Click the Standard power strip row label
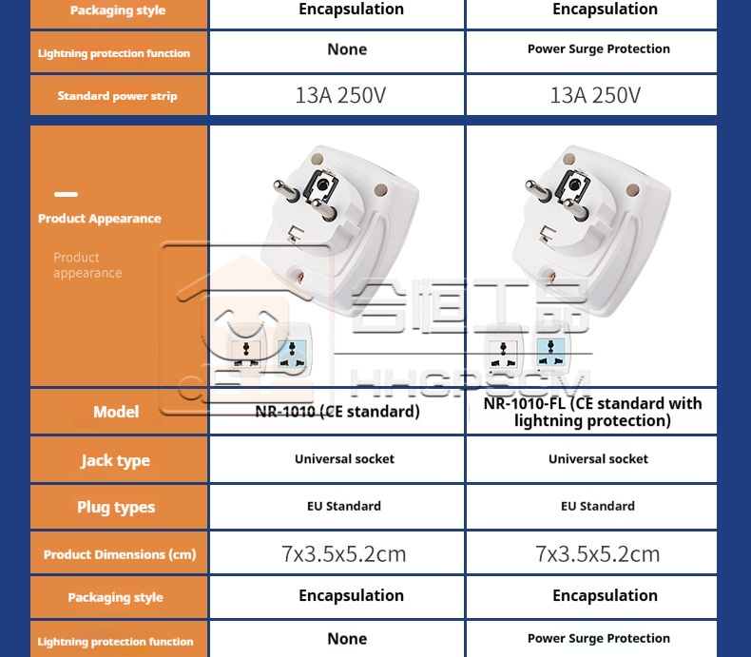117,96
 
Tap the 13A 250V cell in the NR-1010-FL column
595,95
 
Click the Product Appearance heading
100,219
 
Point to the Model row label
116,412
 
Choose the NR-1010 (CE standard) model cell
337,412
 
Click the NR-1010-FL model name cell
592,412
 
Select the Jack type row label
115,460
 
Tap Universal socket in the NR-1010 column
344,459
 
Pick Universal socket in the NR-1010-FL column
598,459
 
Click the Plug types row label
116,507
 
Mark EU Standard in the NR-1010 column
344,507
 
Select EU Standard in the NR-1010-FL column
598,507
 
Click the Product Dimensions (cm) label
120,554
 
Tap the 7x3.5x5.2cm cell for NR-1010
344,553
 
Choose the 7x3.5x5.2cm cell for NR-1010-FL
598,553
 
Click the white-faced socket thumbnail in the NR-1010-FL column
503,354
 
